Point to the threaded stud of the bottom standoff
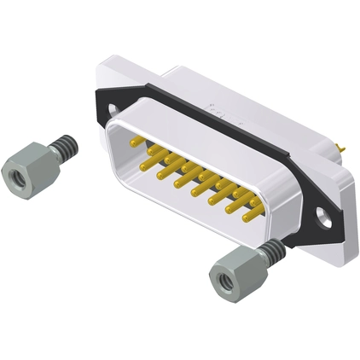tap(270, 251)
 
